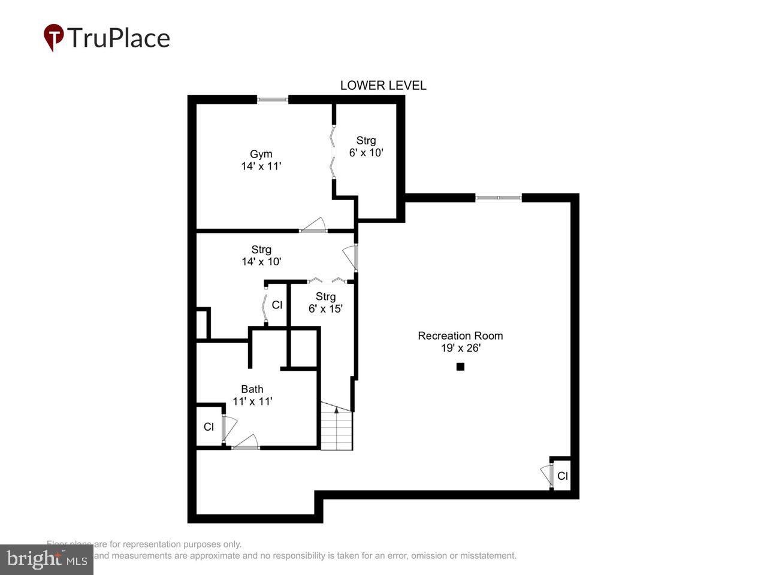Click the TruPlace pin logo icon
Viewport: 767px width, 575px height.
[x=54, y=37]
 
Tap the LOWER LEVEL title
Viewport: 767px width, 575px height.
[x=383, y=86]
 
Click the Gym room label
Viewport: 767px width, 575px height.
[x=261, y=160]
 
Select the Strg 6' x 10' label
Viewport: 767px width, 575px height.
[x=366, y=147]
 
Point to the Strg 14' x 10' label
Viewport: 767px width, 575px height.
[x=261, y=256]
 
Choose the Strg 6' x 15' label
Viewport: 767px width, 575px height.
[x=325, y=302]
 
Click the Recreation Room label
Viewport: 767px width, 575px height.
[x=460, y=341]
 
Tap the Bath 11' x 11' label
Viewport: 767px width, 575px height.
[x=252, y=395]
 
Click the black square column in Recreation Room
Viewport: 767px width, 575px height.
[x=460, y=367]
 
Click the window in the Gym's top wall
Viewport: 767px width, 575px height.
[x=273, y=100]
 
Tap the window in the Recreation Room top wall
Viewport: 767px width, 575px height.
[x=499, y=198]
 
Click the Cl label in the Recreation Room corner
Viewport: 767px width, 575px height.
[x=563, y=476]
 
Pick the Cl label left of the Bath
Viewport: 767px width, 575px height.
[x=209, y=427]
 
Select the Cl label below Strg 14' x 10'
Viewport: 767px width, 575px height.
[x=277, y=305]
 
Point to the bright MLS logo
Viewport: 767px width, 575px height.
[x=47, y=560]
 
